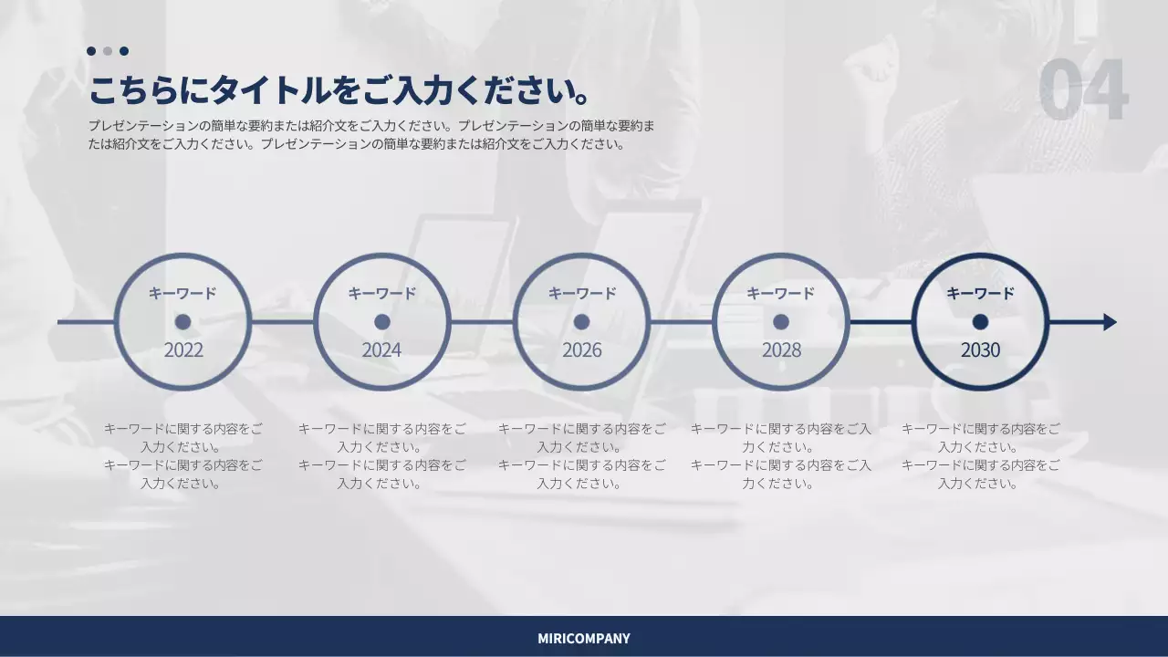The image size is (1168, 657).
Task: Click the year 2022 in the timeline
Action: click(x=183, y=350)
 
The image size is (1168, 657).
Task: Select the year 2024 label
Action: click(x=381, y=350)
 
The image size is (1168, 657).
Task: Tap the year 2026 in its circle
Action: click(x=581, y=350)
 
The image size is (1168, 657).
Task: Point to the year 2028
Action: click(x=781, y=350)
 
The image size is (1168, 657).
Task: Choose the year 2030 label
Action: click(x=980, y=350)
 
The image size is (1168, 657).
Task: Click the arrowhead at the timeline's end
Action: click(x=1110, y=322)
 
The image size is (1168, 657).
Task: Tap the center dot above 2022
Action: click(x=182, y=322)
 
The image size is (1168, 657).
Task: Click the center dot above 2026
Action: click(x=581, y=322)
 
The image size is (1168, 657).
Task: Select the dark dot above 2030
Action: click(x=980, y=322)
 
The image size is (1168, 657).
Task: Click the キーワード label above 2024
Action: click(x=381, y=294)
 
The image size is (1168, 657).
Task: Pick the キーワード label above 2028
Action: click(x=780, y=294)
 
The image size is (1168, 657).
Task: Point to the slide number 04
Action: click(x=1083, y=90)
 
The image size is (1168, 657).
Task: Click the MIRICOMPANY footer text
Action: click(x=584, y=639)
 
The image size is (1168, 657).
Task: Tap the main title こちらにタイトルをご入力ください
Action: click(x=339, y=91)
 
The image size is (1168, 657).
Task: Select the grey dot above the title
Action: click(x=108, y=51)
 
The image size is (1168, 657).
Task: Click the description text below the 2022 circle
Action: click(x=182, y=456)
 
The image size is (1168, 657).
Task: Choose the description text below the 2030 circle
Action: click(x=980, y=456)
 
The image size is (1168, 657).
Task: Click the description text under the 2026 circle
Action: click(x=581, y=456)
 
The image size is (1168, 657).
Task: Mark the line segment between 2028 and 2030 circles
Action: click(x=881, y=322)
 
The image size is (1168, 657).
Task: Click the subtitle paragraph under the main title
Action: click(x=371, y=134)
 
